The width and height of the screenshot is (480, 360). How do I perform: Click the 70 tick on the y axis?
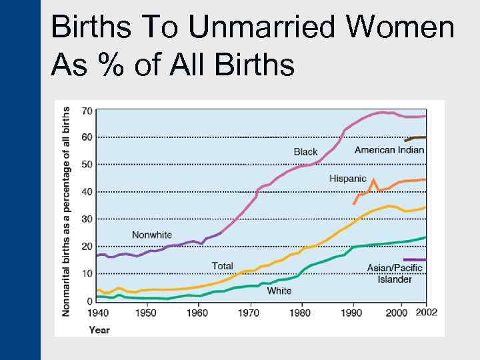pos(87,110)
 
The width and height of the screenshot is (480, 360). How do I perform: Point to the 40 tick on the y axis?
pos(87,192)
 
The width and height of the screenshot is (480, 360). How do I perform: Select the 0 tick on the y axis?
pos(89,301)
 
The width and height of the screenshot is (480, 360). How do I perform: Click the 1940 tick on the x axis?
pos(97,313)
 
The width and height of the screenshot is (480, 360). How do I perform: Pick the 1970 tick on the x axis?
pos(249,313)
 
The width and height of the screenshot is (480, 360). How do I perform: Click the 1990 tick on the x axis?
pos(351,313)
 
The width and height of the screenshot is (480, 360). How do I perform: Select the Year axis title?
pos(99,329)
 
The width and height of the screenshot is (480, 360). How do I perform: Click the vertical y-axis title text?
pos(67,211)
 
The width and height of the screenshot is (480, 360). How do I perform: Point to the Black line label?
pos(305,152)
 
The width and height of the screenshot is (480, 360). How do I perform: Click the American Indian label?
pos(389,150)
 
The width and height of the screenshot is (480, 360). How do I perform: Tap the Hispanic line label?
pos(347,179)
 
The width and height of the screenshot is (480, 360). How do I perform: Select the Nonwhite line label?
pos(151,235)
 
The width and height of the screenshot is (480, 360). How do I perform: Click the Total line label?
pos(222,266)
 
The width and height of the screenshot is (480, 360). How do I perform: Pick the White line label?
pos(279,291)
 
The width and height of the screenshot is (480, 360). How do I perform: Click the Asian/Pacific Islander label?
pos(395,273)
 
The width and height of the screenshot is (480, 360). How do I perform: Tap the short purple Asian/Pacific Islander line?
pos(415,259)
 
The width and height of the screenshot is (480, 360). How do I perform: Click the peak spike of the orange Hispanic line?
pos(374,179)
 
